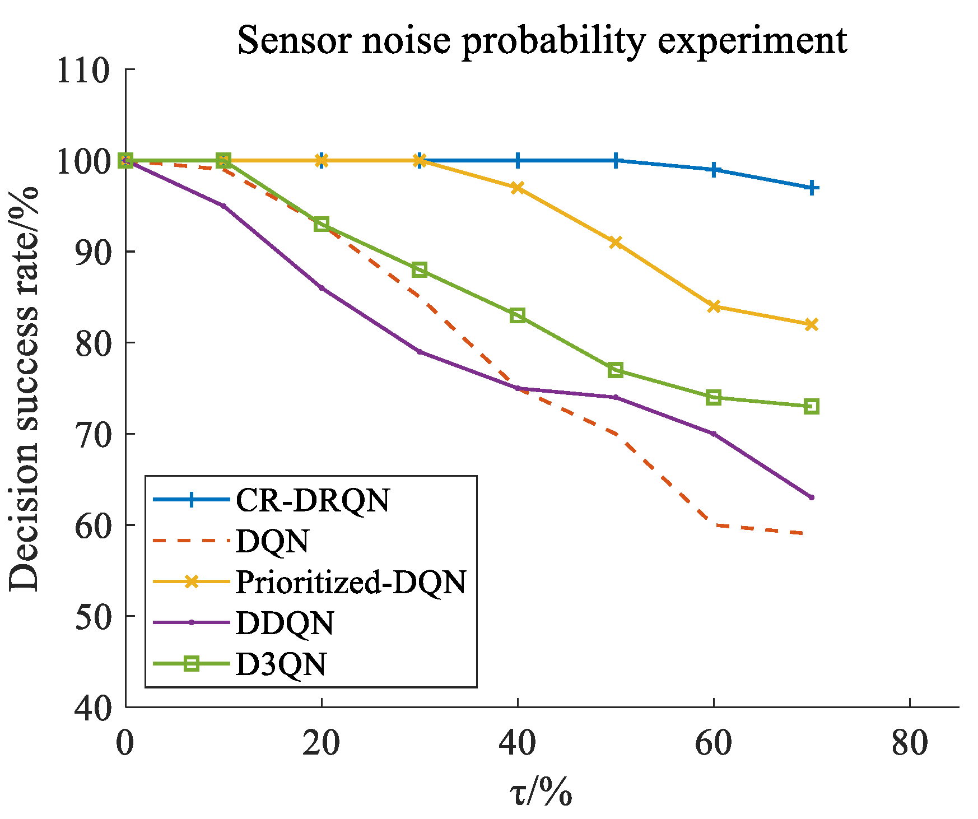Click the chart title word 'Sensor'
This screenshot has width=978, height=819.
pyautogui.click(x=295, y=40)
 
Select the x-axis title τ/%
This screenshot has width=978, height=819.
pyautogui.click(x=541, y=793)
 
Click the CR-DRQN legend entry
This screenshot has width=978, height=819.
pyautogui.click(x=312, y=500)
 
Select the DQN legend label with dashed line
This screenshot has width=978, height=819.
pyautogui.click(x=272, y=541)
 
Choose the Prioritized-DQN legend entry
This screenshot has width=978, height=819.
pyautogui.click(x=351, y=582)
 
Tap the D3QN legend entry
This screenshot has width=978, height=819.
pyautogui.click(x=281, y=664)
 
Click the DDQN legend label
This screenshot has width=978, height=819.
pyautogui.click(x=285, y=623)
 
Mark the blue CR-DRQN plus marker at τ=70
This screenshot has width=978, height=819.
pyautogui.click(x=811, y=188)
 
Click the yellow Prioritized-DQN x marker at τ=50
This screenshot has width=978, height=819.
pyautogui.click(x=616, y=243)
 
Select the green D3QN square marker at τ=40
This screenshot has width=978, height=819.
pyautogui.click(x=518, y=315)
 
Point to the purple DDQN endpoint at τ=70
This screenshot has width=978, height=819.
pyautogui.click(x=811, y=497)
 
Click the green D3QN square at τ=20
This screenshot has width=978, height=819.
pyautogui.click(x=322, y=224)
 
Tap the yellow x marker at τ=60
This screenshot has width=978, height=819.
pyautogui.click(x=714, y=306)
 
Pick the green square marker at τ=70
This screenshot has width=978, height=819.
pyautogui.click(x=811, y=407)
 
